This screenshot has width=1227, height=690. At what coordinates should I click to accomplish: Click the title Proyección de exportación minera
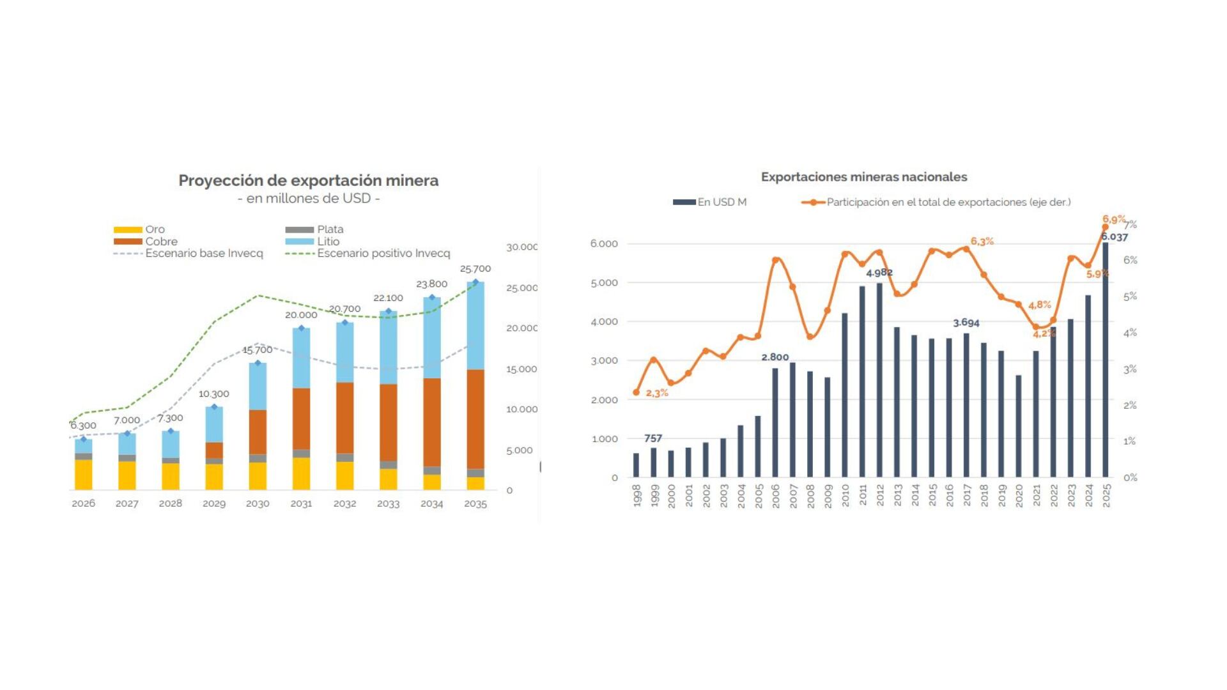tap(308, 181)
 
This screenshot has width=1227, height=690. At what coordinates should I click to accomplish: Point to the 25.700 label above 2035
tap(475, 269)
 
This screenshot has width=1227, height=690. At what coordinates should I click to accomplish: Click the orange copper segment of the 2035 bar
tap(475, 418)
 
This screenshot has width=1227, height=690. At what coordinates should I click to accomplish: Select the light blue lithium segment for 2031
tap(301, 358)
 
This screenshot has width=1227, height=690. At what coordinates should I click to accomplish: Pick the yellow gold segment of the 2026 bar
tap(83, 474)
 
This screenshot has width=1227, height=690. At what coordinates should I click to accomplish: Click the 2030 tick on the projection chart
tap(258, 503)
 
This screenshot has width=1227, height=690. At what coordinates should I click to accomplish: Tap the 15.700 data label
tap(257, 350)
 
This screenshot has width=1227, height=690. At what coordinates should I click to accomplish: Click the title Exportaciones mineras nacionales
tap(863, 177)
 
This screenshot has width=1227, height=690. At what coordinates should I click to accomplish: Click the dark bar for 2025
tap(1106, 360)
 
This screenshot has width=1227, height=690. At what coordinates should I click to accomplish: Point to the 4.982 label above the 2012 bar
tap(879, 273)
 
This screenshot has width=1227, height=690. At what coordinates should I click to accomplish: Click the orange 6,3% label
tap(982, 241)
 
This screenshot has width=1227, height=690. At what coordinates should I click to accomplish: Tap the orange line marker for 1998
tap(636, 392)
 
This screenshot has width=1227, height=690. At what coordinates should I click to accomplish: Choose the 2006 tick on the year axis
tap(776, 496)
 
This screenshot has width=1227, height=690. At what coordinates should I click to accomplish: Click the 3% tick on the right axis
tap(1130, 369)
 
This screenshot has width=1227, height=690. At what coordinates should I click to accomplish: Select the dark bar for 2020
tap(1019, 426)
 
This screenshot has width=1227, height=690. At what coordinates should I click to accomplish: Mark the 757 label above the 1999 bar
tap(653, 438)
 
